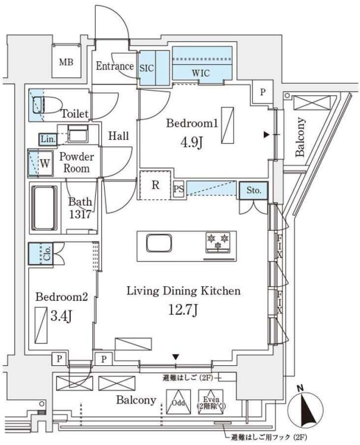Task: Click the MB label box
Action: (65, 61)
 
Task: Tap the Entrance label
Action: (114, 65)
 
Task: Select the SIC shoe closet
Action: (147, 68)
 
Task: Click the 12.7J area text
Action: (183, 309)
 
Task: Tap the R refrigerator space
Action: (155, 184)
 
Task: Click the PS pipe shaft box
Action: (178, 189)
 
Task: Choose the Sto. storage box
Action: (252, 191)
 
